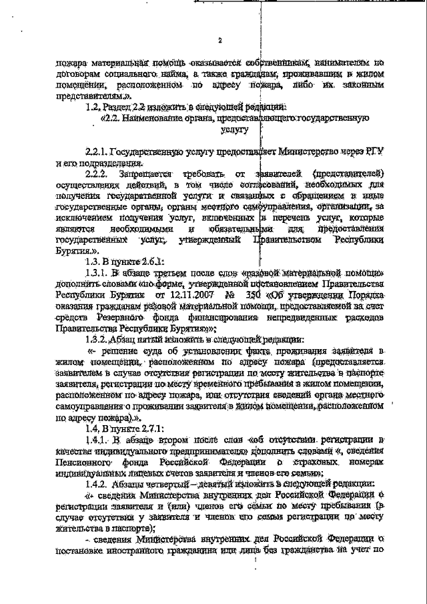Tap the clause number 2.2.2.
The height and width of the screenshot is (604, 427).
pyautogui.click(x=97, y=174)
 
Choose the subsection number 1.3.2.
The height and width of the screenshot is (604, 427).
pyautogui.click(x=100, y=338)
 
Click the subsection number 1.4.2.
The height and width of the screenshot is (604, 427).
pyautogui.click(x=100, y=483)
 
